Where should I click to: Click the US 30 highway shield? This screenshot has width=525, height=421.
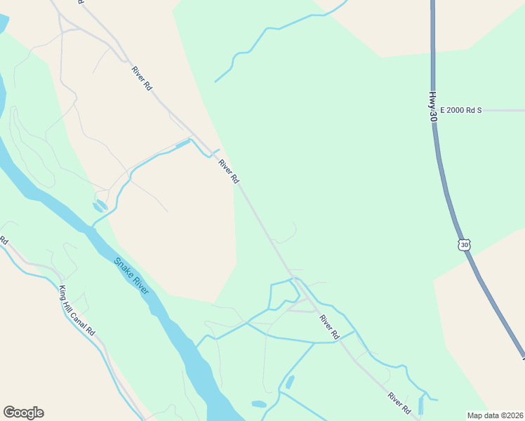[x=463, y=244]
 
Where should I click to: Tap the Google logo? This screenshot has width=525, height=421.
[x=23, y=413]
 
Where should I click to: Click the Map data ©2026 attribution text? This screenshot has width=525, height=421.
[x=495, y=415]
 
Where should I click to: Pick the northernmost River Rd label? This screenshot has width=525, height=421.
[x=141, y=78]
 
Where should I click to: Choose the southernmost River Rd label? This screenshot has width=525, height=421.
[x=399, y=403]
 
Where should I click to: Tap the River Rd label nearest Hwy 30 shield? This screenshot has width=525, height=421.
[x=329, y=327]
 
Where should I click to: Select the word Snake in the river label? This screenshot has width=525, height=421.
[x=124, y=267]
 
